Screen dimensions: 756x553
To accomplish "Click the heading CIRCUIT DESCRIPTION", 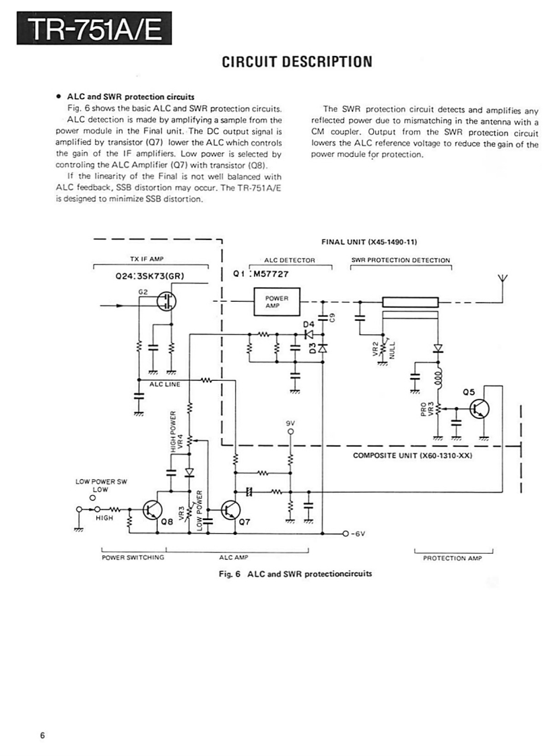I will point(296,62).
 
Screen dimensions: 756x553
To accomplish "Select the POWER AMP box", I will point(277,301).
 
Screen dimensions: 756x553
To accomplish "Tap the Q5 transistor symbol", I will point(479,408).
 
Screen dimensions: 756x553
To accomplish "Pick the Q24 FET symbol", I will point(166,303).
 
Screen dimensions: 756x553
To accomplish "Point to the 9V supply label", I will point(291,423).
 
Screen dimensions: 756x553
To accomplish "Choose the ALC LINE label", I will point(165,385).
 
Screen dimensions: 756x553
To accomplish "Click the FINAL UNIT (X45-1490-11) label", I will point(370,241).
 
